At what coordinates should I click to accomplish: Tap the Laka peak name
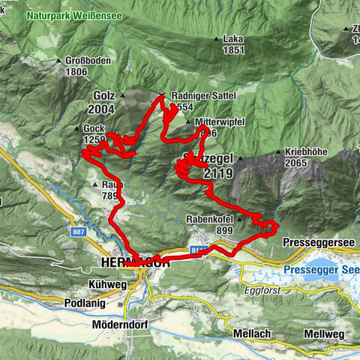(x=233, y=40)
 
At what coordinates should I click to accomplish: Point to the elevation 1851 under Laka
(x=233, y=49)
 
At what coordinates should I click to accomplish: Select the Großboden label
(x=83, y=62)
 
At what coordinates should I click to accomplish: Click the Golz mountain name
(x=104, y=96)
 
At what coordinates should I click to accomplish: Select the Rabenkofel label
(x=209, y=220)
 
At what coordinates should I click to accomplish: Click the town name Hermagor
(x=134, y=262)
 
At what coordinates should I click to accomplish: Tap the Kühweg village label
(x=105, y=285)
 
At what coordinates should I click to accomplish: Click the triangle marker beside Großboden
(x=58, y=61)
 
